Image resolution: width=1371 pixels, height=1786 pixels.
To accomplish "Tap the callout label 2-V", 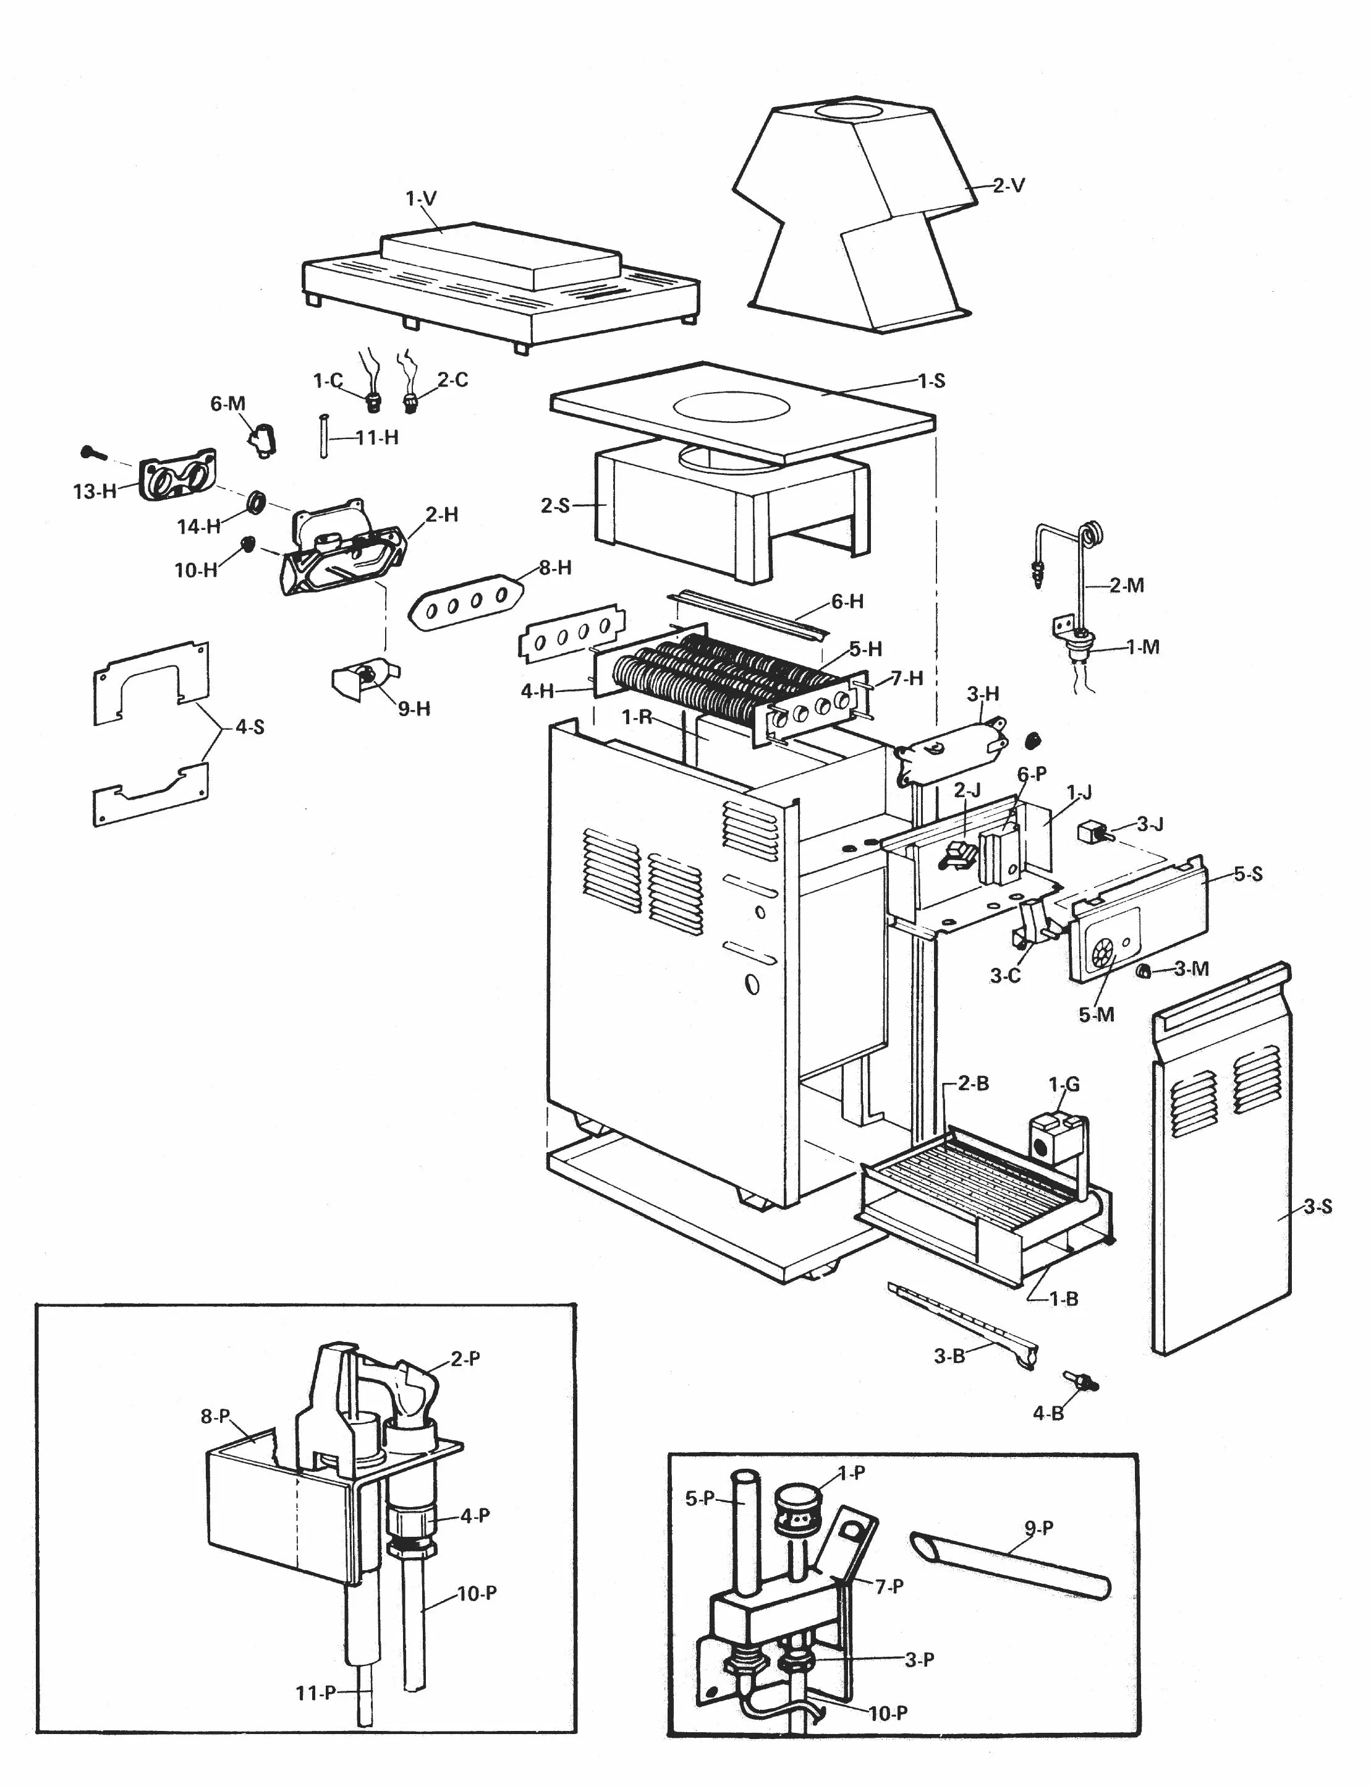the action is click(1009, 186).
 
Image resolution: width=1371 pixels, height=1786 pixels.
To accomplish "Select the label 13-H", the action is click(95, 492).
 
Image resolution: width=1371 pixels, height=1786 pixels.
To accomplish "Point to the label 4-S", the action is click(250, 727).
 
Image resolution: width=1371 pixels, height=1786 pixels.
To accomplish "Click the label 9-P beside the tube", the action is click(1039, 1527).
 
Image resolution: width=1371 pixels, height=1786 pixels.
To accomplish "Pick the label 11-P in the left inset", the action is click(316, 1693).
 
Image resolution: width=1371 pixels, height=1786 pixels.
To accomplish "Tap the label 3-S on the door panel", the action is click(1317, 1207).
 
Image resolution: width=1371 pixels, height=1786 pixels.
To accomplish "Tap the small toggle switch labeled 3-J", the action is click(1092, 834).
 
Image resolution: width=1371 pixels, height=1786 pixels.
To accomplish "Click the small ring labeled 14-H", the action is click(257, 501).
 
